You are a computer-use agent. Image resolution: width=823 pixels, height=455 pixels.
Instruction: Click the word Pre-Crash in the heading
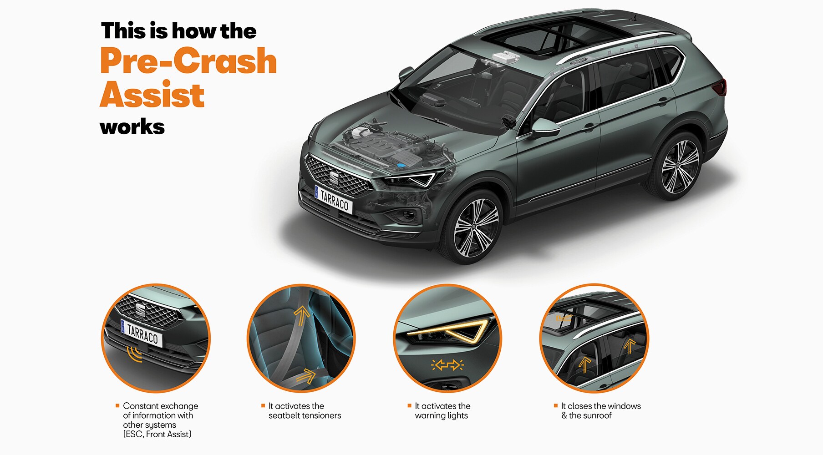tap(188, 61)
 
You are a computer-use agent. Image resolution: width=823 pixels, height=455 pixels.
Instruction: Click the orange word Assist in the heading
tap(152, 95)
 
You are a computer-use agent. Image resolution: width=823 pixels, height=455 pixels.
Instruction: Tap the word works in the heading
tap(132, 127)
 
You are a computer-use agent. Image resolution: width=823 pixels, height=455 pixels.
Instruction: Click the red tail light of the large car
tap(721, 87)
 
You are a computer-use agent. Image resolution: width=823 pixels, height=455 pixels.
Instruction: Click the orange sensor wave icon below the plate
tap(134, 354)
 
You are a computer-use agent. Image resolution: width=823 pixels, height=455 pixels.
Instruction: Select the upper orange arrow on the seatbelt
tap(301, 315)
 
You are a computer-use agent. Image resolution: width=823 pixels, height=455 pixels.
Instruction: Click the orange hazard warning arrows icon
tap(447, 365)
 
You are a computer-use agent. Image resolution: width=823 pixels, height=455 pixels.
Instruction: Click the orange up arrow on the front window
tap(585, 365)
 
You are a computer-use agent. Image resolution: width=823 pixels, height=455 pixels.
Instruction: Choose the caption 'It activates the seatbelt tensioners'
tap(305, 411)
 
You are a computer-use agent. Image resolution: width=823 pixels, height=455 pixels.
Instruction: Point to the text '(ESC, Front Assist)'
tap(157, 435)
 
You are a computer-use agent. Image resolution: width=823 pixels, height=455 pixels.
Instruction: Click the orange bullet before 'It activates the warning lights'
tap(409, 405)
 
